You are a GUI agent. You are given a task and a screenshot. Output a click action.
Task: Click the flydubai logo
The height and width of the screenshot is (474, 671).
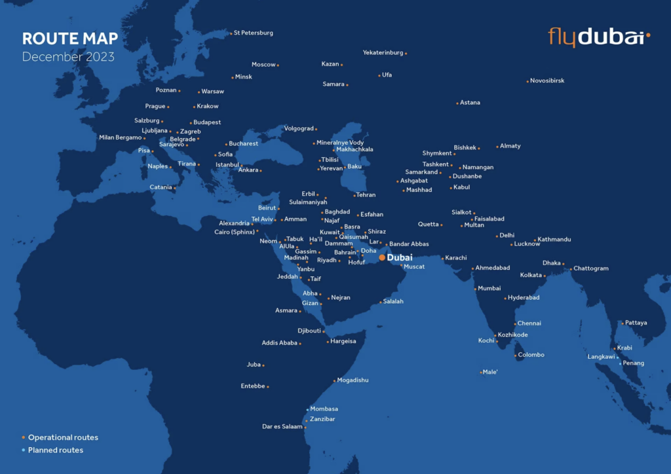[x=598, y=37]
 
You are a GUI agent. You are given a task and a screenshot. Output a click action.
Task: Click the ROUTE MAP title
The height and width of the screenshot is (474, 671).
[x=70, y=39]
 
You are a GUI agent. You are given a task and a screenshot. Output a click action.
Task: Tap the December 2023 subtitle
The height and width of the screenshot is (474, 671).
[x=68, y=57]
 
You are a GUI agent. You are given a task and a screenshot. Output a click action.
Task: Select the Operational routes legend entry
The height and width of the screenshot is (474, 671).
[x=63, y=437]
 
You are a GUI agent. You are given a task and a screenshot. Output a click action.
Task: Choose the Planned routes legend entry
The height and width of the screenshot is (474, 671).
[x=55, y=450]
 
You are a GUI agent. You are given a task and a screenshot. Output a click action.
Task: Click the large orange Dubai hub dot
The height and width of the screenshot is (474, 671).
[x=381, y=257]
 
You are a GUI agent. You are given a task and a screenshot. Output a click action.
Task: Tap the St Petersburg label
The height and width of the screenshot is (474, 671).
[x=254, y=33]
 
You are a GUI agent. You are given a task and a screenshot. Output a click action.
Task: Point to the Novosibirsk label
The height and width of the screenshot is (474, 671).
[x=547, y=81]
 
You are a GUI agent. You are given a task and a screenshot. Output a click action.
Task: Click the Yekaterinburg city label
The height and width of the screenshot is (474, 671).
[x=383, y=52]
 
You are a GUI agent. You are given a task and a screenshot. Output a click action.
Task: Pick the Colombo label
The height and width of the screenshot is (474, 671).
[x=531, y=355]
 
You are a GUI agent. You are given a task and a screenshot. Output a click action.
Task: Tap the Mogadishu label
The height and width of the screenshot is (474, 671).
[x=353, y=380]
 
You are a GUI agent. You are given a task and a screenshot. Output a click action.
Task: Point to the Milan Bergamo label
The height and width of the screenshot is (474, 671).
[x=120, y=137]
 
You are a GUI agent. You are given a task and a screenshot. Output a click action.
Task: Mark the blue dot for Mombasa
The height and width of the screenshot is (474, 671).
[x=307, y=409]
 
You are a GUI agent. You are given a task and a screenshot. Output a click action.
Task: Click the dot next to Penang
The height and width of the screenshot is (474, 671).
[x=620, y=363]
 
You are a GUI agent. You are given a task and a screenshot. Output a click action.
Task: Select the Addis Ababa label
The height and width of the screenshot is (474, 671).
[x=280, y=342]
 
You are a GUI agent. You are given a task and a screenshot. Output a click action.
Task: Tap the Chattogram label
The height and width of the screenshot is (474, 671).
[x=591, y=268]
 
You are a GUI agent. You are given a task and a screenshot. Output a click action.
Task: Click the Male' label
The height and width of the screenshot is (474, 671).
[x=490, y=372]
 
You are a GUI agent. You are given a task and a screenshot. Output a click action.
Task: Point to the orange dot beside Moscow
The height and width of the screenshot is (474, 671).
[x=278, y=65]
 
